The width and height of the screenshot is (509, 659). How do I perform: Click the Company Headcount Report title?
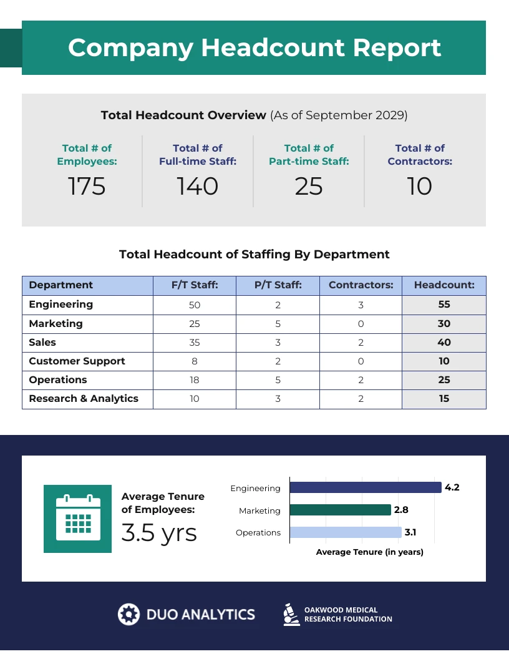[254, 48]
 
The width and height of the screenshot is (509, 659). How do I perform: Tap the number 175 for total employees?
[87, 186]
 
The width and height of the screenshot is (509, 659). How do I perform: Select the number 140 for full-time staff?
[198, 186]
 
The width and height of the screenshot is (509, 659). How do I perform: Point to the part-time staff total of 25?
[309, 186]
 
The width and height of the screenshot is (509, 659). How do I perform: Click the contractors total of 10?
[420, 186]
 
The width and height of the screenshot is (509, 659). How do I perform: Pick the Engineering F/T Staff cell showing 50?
[195, 305]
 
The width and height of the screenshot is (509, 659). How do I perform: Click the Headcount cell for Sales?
[444, 343]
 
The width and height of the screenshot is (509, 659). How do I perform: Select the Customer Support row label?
[77, 361]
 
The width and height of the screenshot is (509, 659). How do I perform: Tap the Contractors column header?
[361, 285]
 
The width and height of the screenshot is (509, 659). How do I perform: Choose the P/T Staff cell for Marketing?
[278, 324]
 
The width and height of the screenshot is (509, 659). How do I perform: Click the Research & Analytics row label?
[84, 399]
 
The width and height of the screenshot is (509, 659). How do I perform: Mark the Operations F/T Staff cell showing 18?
[195, 380]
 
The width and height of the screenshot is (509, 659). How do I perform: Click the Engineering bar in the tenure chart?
[365, 487]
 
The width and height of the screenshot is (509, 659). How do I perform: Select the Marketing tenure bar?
[340, 510]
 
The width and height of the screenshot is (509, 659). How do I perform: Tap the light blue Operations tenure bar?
[346, 532]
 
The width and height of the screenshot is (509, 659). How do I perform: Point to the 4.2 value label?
[452, 487]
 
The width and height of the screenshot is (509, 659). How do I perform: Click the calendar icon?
[78, 519]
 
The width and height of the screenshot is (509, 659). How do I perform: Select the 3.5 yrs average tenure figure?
[159, 533]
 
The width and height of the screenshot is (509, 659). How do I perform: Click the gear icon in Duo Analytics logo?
[128, 614]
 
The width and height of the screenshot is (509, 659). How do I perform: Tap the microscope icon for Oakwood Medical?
[289, 614]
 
